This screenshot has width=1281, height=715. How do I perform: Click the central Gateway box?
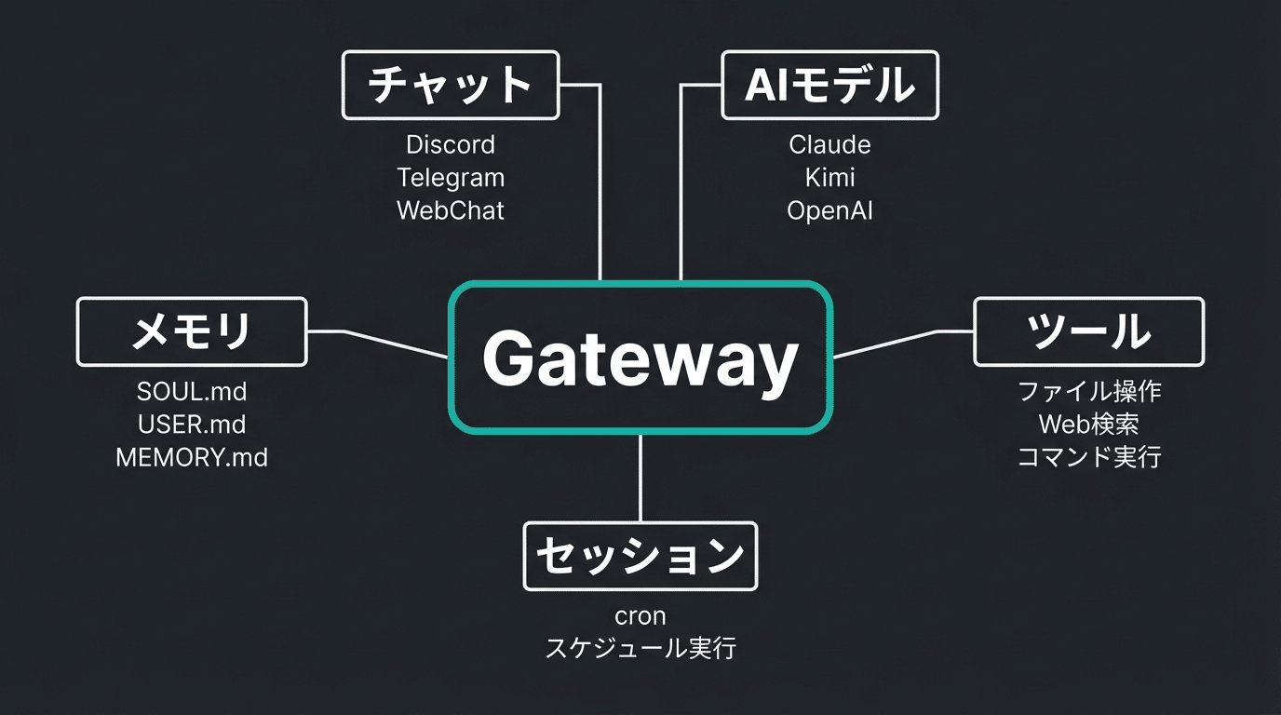[x=640, y=358]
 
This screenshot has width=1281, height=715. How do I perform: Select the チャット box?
[x=451, y=86]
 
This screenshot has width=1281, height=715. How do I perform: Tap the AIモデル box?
[x=829, y=86]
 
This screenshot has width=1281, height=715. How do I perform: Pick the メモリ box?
[x=192, y=331]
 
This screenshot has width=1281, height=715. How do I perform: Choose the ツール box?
[x=1088, y=331]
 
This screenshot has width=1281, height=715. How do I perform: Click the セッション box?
[x=640, y=556]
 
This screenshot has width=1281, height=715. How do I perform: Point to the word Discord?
[x=451, y=145]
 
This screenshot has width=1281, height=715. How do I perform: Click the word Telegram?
[x=451, y=178]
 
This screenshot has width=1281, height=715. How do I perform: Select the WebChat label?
[x=451, y=210]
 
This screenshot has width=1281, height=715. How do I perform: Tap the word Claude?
[x=829, y=145]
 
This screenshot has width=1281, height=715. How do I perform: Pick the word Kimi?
[x=829, y=178]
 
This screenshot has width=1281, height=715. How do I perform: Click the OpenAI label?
[x=829, y=210]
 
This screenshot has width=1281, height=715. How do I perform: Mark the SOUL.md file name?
[x=192, y=392]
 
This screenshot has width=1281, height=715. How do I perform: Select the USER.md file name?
[x=192, y=425]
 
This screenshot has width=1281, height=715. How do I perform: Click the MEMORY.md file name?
[x=192, y=457]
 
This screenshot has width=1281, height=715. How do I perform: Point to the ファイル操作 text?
[x=1088, y=392]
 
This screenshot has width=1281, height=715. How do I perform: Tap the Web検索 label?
[x=1088, y=425]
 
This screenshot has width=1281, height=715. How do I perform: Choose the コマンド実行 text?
[x=1088, y=457]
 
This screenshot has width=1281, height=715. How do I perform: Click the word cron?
[x=640, y=616]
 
